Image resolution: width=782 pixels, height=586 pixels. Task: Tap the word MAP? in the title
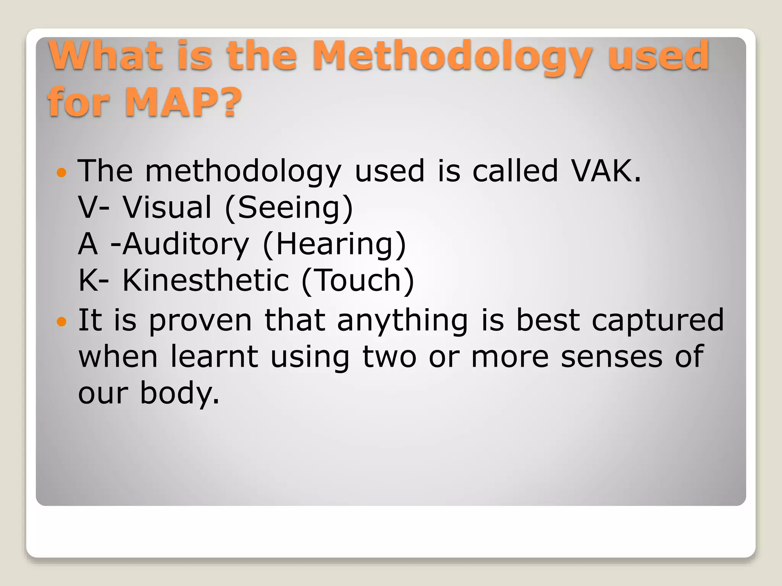point(183,102)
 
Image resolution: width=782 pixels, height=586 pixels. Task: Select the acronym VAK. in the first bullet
point(606,171)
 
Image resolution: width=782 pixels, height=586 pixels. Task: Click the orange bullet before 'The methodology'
point(61,173)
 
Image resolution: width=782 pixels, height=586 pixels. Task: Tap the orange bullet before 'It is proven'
point(61,322)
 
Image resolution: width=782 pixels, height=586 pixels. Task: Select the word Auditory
point(186,244)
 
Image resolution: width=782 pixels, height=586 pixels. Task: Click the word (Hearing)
point(334,244)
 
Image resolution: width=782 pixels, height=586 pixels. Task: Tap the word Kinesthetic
point(206,280)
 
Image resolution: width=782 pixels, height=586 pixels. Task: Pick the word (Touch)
point(357,280)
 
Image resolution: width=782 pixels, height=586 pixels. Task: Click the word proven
point(200,320)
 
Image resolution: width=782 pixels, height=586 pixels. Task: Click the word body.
point(180,393)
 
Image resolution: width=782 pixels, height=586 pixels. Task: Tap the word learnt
point(214,357)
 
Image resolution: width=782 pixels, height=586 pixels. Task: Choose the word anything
point(402,320)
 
